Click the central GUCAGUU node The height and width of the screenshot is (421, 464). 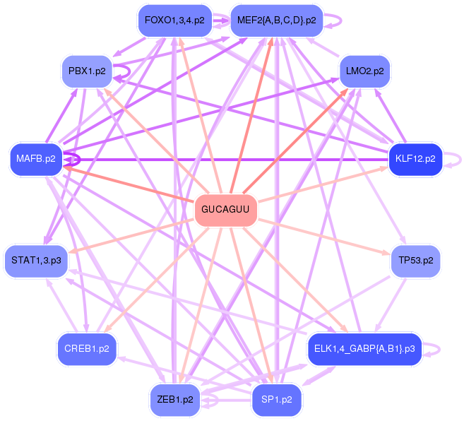(x=225, y=209)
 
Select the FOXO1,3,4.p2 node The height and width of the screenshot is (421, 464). (x=174, y=20)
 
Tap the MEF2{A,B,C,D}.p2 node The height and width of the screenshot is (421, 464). (x=277, y=20)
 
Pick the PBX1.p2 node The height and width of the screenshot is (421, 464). (x=87, y=71)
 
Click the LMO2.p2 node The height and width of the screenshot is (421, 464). (x=364, y=71)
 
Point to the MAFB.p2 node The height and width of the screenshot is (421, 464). (x=35, y=159)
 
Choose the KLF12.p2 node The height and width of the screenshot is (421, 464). (x=415, y=159)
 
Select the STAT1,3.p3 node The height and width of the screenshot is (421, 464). (x=35, y=261)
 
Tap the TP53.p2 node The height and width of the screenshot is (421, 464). (x=415, y=261)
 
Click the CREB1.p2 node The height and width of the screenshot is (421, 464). (x=87, y=349)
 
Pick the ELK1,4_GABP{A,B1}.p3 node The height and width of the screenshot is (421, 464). (x=364, y=349)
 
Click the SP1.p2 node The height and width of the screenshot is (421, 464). (x=277, y=400)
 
